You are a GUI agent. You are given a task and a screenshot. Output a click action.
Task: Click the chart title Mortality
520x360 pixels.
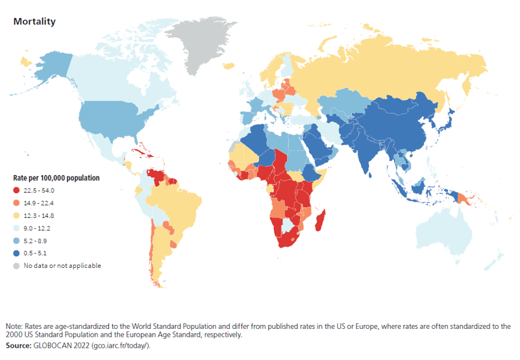(x=34, y=21)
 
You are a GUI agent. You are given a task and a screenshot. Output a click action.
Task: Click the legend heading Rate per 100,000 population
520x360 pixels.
(x=56, y=178)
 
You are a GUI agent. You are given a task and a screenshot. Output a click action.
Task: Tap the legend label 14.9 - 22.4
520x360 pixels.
(x=40, y=203)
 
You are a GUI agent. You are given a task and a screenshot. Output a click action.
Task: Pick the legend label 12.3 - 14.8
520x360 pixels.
(x=40, y=215)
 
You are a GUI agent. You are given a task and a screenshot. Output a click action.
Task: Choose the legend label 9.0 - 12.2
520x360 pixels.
(x=38, y=228)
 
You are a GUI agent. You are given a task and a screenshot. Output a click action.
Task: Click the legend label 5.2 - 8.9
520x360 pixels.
(x=37, y=241)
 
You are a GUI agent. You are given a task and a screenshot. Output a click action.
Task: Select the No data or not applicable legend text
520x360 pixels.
(x=62, y=266)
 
